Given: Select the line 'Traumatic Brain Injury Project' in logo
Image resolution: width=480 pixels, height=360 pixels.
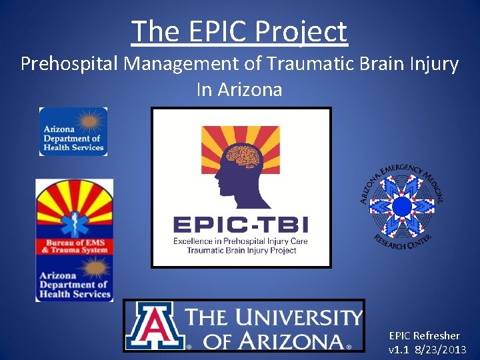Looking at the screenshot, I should tap(241, 251).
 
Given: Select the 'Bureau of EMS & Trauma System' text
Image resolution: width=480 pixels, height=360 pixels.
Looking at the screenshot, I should tap(74, 246).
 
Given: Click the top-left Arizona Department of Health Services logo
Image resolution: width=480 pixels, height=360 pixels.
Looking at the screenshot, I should tap(73, 132).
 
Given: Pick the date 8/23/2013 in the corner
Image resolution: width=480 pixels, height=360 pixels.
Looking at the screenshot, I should tap(441, 349).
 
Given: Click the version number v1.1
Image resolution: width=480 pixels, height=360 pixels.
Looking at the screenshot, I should tap(399, 349).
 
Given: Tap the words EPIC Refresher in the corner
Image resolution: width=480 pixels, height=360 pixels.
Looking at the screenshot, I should tap(425, 335).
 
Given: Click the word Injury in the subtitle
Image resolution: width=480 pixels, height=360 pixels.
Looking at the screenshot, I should tap(435, 64).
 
